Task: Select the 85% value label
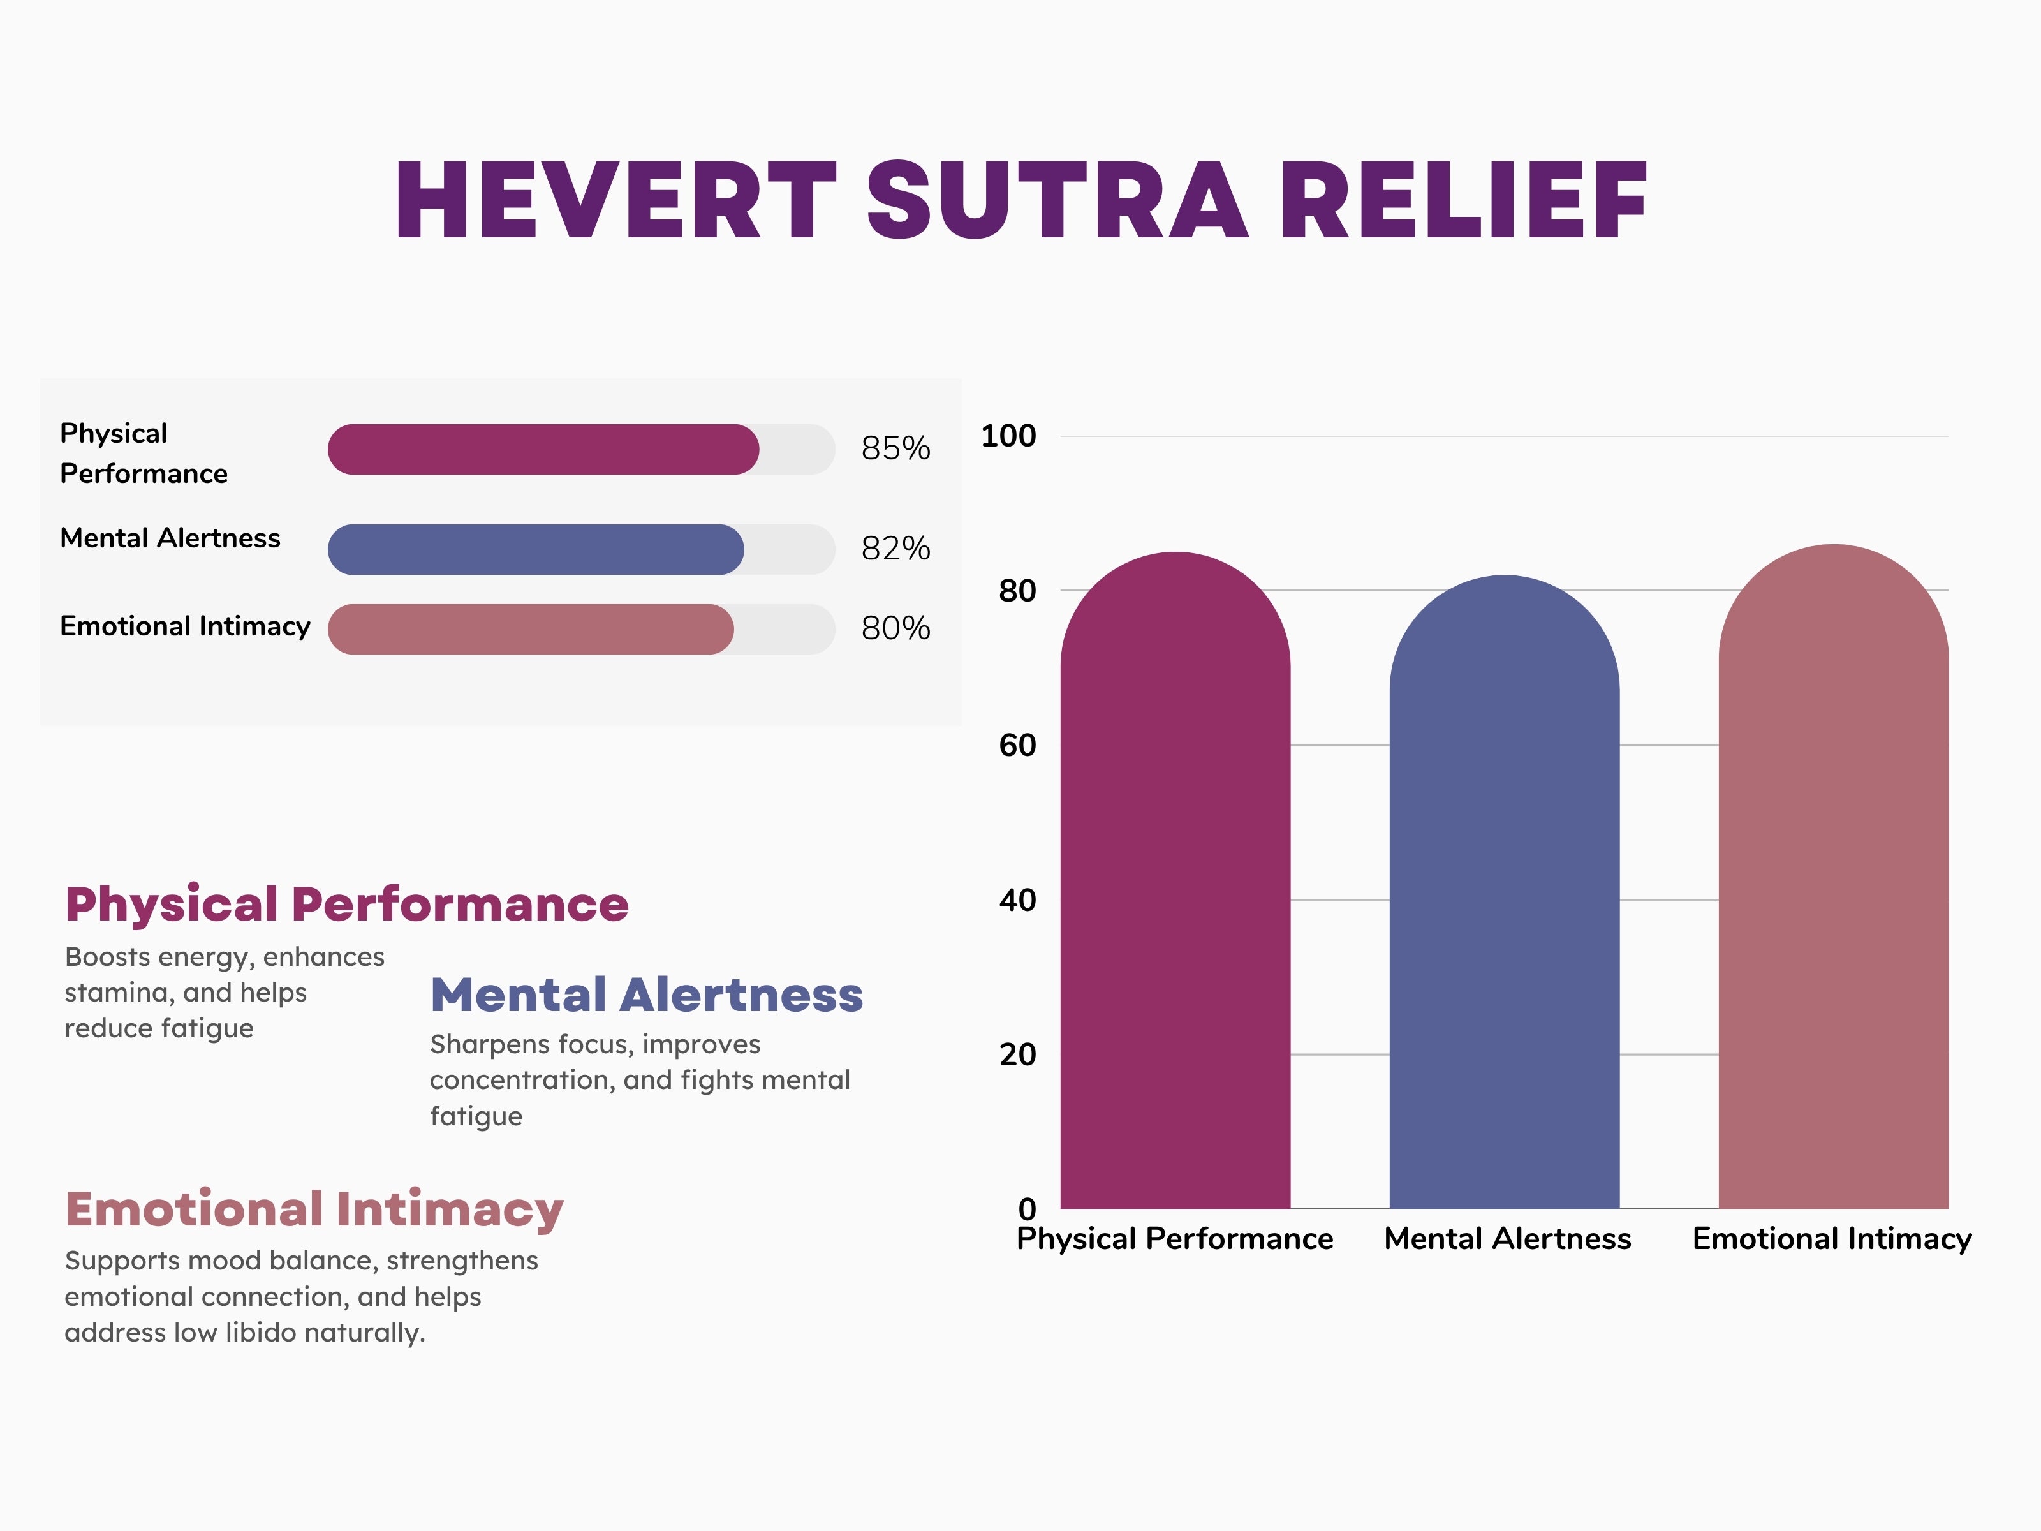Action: [x=895, y=448]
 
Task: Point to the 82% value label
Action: [x=895, y=549]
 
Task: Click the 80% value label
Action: [x=895, y=628]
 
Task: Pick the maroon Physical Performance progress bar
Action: [x=543, y=450]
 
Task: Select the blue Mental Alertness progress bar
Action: [x=535, y=550]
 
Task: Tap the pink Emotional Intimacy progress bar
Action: [x=531, y=630]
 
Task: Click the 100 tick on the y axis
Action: [x=1008, y=436]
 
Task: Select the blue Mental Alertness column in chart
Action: [x=1504, y=895]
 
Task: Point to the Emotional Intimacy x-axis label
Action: [x=1832, y=1238]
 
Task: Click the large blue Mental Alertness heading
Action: [x=647, y=995]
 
